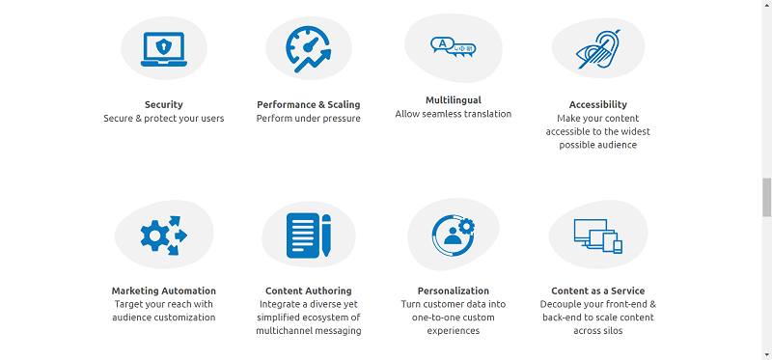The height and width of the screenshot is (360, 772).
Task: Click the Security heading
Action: (163, 104)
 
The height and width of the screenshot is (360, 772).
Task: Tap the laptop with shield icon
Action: (163, 49)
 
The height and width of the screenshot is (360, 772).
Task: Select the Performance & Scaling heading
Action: (308, 104)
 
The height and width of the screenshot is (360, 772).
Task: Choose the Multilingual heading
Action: (453, 99)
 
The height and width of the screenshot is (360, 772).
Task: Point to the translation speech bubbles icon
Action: (453, 45)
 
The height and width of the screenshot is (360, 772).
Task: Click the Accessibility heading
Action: (597, 104)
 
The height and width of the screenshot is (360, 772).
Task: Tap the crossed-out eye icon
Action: (597, 47)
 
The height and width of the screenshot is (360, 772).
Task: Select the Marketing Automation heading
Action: (163, 291)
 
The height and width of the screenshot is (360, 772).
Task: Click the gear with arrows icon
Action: (163, 235)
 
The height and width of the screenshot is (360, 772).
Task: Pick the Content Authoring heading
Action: (308, 291)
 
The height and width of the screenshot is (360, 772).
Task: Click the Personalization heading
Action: (453, 291)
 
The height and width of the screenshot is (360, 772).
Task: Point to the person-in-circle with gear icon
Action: (453, 235)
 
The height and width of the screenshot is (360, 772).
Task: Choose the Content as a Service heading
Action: (597, 291)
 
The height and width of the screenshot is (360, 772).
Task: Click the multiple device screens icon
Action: (597, 235)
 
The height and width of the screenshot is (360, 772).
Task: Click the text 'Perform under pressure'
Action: (308, 119)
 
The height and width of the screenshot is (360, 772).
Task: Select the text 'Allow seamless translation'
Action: (453, 114)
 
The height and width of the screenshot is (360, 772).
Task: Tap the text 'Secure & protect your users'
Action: (163, 119)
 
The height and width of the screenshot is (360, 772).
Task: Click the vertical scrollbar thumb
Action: (766, 198)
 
